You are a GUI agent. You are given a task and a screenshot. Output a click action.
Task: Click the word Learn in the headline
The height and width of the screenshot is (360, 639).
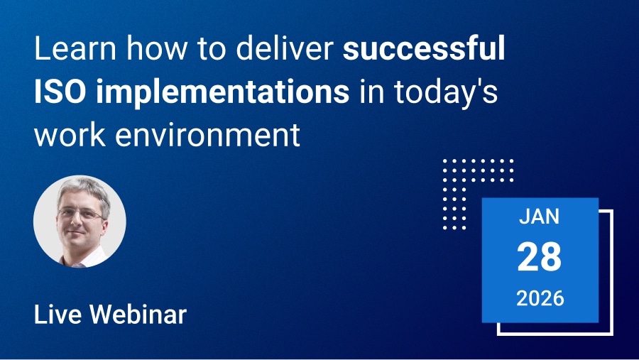point(75,48)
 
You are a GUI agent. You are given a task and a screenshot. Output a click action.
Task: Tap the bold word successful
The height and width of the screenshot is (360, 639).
point(424,48)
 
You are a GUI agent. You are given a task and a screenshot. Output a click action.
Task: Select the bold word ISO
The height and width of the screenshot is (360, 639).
point(60,92)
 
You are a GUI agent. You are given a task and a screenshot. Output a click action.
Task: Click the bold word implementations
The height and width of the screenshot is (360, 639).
point(222,93)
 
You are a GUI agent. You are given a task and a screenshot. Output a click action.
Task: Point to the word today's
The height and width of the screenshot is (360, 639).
point(446,93)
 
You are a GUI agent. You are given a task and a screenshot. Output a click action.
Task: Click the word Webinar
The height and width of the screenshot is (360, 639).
point(138,315)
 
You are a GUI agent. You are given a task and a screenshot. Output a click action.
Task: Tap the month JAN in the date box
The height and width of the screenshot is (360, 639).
point(539,217)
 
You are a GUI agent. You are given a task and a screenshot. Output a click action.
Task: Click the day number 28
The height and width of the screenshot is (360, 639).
point(539,257)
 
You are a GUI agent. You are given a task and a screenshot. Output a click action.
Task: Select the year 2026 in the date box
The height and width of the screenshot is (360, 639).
point(540,298)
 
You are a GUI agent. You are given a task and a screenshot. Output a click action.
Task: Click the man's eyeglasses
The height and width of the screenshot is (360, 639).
point(81,213)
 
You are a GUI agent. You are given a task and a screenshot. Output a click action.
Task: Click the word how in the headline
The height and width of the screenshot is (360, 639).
point(157,48)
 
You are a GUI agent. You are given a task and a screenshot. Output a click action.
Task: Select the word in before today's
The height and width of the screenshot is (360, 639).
point(371,92)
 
